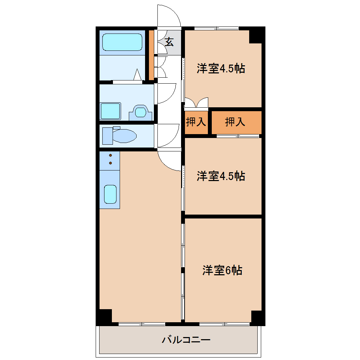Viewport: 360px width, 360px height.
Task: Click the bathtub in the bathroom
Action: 122,42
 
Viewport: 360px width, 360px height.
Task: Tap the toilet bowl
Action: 124,136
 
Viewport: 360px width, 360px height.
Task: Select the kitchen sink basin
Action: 110,194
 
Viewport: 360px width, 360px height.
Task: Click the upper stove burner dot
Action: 110,155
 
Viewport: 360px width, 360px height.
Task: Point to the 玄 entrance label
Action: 169,42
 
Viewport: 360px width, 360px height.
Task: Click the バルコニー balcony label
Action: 186,340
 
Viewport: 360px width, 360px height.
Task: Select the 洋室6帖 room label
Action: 222,270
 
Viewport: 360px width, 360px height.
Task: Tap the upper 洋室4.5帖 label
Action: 221,68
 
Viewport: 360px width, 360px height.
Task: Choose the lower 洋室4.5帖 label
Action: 221,176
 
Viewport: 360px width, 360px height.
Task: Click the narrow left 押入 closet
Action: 196,122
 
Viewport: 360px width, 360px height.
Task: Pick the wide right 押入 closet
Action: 236,122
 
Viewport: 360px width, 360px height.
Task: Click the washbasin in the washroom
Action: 140,112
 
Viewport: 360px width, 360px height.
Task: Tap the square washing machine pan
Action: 110,111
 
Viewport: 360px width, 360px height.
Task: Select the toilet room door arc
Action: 173,140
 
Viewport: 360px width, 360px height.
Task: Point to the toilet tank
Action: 107,136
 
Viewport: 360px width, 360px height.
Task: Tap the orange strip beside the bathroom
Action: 151,55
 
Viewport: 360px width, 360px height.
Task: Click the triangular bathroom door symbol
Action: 138,74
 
